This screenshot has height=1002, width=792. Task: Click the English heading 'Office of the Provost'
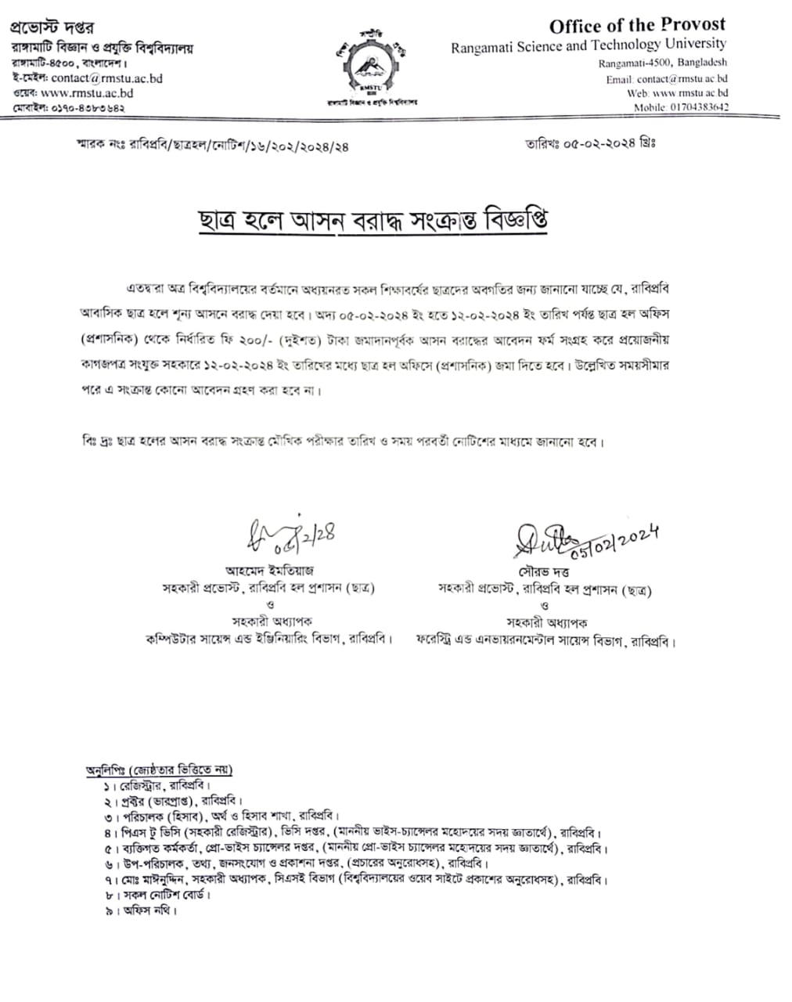coord(637,26)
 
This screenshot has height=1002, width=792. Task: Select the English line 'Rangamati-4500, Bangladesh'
coord(662,63)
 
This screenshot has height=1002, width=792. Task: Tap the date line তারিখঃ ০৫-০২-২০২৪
coord(592,143)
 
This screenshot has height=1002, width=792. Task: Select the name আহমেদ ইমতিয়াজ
coord(269,571)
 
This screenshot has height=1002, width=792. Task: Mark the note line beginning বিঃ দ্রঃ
coord(344,442)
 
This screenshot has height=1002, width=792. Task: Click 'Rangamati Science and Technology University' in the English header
coord(588,45)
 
